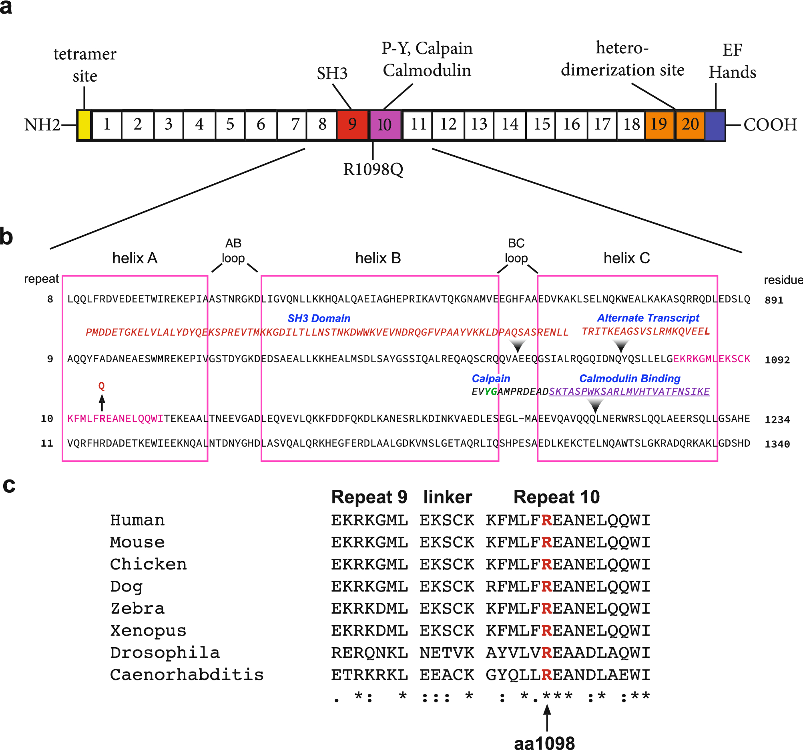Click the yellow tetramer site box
[84, 125]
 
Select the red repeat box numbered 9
[353, 125]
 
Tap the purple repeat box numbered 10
[385, 125]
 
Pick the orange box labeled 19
[659, 125]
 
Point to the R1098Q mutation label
[373, 170]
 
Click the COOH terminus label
[770, 125]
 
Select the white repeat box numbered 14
[510, 125]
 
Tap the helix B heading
[377, 258]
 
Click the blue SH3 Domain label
[319, 318]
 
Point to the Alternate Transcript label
[648, 318]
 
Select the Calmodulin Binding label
[629, 379]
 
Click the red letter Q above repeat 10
[102, 386]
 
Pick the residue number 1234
[777, 420]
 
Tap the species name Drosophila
[165, 653]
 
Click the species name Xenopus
[148, 630]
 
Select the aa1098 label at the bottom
[544, 743]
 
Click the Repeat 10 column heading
[556, 497]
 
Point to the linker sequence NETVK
[446, 653]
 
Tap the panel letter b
[6, 237]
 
